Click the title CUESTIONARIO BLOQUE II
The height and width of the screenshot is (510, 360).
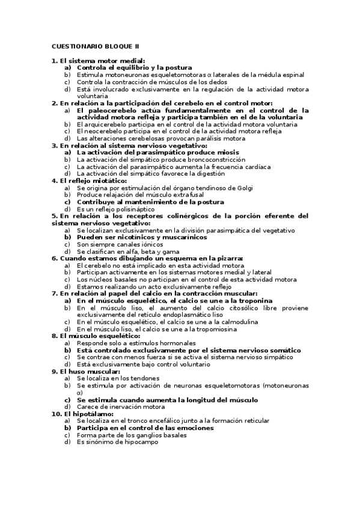tap(95, 46)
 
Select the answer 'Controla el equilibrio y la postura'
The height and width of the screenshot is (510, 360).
tap(134, 68)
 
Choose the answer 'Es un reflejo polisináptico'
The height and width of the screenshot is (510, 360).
tap(115, 209)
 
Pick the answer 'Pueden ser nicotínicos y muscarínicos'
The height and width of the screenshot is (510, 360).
tap(141, 237)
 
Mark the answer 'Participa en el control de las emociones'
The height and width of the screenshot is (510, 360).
tap(145, 428)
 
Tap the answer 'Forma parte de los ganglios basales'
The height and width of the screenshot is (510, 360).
tap(132, 435)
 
